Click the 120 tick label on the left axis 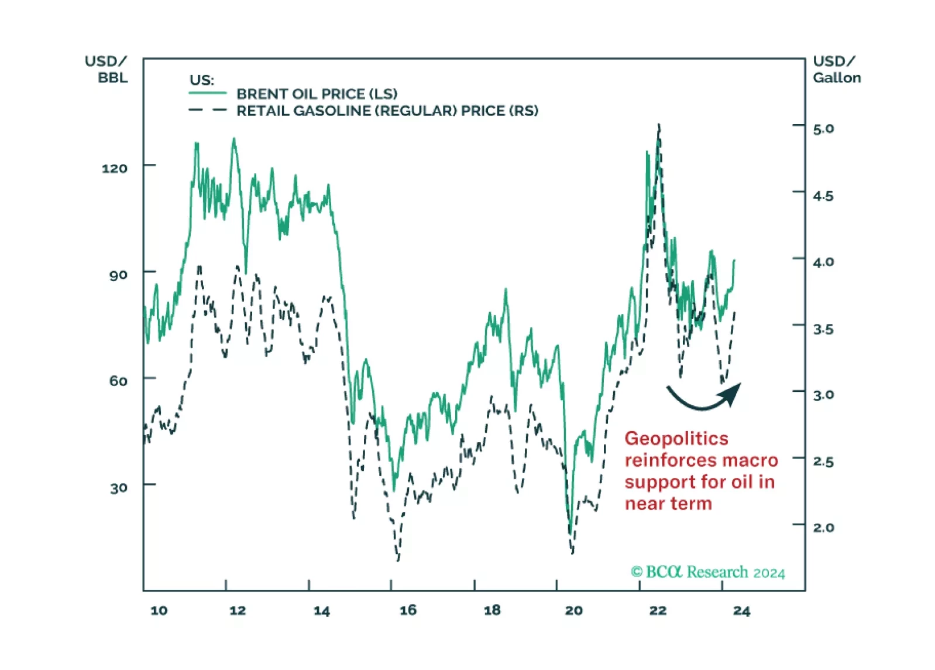click(x=114, y=169)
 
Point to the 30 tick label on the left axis click(x=118, y=488)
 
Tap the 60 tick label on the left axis click(x=118, y=381)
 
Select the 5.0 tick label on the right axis click(x=823, y=129)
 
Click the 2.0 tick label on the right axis click(x=823, y=528)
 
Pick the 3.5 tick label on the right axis click(x=823, y=329)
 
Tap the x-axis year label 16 click(x=408, y=610)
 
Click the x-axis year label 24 click(x=741, y=611)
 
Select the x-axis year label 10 click(x=159, y=610)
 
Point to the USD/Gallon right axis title click(x=836, y=70)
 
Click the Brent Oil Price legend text click(x=317, y=94)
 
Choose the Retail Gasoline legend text click(x=387, y=111)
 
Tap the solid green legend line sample click(x=207, y=93)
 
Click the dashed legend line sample click(x=207, y=110)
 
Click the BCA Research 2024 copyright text click(x=707, y=572)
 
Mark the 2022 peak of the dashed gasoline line click(x=659, y=126)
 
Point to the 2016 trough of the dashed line click(x=398, y=559)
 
